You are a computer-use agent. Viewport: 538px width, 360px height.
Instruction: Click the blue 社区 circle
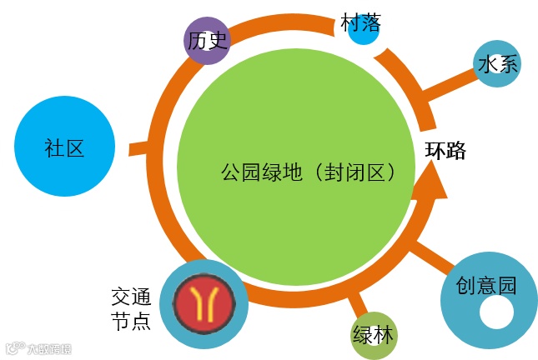[x=63, y=147]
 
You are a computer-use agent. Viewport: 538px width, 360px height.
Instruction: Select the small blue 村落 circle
[x=363, y=32]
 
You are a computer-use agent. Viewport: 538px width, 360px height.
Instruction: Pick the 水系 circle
[x=498, y=64]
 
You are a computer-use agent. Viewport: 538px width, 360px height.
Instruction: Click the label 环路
[x=445, y=151]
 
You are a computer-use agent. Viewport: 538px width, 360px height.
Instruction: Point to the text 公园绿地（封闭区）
[x=307, y=172]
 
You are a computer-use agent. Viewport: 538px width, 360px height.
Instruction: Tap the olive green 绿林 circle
[x=374, y=335]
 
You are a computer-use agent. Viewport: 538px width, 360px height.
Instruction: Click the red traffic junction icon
[x=204, y=305]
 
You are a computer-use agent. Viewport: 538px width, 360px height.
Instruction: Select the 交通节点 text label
[x=131, y=308]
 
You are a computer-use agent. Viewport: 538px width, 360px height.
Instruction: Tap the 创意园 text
[x=486, y=285]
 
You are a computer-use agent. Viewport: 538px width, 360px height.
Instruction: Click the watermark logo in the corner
[x=38, y=348]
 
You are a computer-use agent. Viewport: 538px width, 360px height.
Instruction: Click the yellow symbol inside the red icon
[x=204, y=305]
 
